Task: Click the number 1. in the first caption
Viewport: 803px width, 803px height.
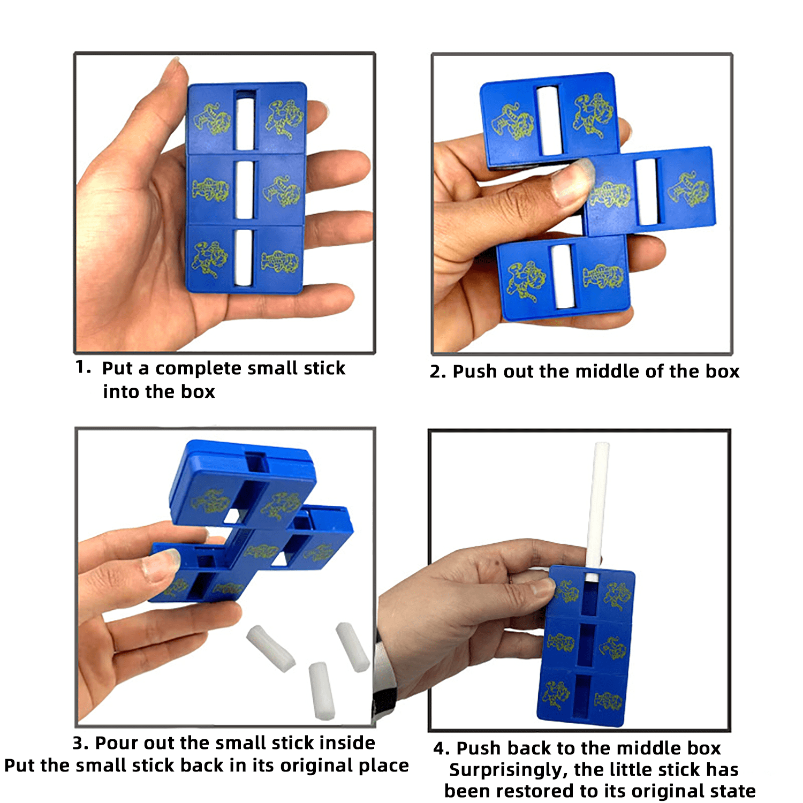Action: click(x=83, y=368)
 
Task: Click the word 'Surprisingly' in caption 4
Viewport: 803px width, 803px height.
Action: click(x=509, y=770)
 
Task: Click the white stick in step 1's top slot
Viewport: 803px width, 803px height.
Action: click(x=245, y=124)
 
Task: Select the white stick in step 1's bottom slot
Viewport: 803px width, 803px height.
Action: click(x=244, y=258)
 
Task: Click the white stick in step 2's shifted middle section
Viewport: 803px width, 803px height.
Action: click(x=647, y=192)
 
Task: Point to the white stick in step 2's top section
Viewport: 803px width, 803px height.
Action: click(x=548, y=120)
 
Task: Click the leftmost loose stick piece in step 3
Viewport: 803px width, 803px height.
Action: click(x=270, y=648)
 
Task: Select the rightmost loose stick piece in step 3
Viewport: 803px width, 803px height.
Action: click(x=352, y=647)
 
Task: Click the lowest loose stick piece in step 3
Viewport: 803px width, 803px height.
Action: click(x=322, y=691)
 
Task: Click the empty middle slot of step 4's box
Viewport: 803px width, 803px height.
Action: click(x=586, y=645)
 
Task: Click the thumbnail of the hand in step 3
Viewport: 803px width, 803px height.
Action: click(x=161, y=565)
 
